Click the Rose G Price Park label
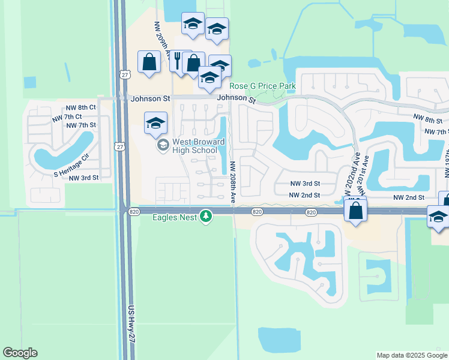263,86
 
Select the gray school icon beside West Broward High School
162,145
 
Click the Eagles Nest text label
174,217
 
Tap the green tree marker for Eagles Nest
206,216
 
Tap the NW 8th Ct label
82,107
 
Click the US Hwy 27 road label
131,324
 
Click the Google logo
20,353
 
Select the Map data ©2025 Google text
412,355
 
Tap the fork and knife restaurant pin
178,60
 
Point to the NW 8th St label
427,121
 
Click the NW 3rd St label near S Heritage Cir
83,178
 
